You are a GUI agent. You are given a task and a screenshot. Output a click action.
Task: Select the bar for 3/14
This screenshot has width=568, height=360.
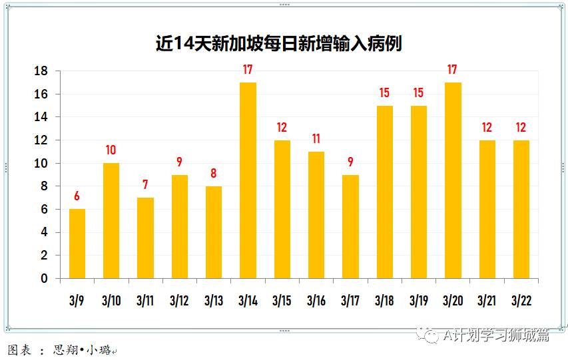248,180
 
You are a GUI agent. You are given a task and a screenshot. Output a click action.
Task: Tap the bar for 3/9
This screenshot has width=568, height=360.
77,244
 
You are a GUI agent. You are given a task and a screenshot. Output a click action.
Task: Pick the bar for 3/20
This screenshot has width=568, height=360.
453,180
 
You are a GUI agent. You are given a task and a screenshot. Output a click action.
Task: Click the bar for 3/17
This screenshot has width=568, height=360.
350,226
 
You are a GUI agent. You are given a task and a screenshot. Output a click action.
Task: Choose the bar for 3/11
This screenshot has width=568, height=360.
145,238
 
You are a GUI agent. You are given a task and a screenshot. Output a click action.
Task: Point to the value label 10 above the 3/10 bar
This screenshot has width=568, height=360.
111,150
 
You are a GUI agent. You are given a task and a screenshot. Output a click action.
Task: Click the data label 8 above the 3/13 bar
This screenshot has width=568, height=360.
214,173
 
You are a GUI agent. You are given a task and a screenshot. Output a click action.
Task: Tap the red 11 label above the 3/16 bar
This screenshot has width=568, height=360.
316,139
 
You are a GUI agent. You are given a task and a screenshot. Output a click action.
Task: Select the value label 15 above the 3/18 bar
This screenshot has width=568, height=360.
384,93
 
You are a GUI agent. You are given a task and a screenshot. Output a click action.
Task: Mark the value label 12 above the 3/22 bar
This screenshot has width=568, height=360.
521,127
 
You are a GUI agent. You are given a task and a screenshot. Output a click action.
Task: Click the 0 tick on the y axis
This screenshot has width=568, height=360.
45,278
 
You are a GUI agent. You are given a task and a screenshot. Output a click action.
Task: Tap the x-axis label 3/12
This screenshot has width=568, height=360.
179,301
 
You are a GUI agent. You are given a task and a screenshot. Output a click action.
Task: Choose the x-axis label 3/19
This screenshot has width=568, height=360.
418,301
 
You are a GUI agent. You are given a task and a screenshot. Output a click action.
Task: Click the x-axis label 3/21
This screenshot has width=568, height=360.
487,301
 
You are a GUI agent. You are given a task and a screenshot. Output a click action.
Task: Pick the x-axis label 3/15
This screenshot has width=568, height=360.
282,301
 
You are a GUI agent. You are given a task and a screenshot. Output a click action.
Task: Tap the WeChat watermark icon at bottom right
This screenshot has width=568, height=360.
429,336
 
